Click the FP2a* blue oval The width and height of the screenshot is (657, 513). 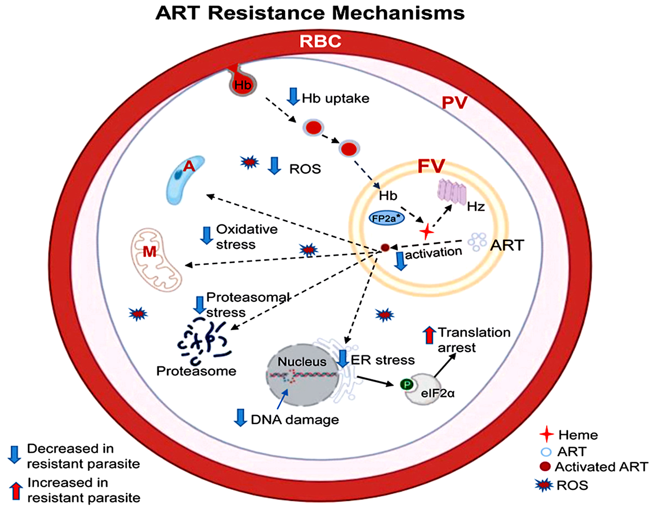386,219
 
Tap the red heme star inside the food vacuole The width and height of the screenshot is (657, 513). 426,232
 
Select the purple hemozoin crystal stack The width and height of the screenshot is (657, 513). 451,191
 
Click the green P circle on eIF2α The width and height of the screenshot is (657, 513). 406,384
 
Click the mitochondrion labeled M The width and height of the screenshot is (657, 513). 155,259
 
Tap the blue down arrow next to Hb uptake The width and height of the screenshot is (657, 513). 293,96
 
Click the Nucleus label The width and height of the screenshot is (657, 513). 302,362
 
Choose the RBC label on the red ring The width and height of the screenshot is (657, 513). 320,42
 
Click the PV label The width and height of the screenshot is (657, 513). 454,103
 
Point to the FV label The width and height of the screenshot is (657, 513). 431,166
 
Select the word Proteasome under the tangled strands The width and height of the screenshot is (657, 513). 196,371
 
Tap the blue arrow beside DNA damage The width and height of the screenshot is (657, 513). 241,418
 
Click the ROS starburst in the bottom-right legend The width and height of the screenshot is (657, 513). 544,485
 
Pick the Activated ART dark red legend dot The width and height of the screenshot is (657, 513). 545,467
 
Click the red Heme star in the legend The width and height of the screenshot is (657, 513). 546,434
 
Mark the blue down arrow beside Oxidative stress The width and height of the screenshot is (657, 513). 207,235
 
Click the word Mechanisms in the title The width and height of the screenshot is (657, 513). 399,13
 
